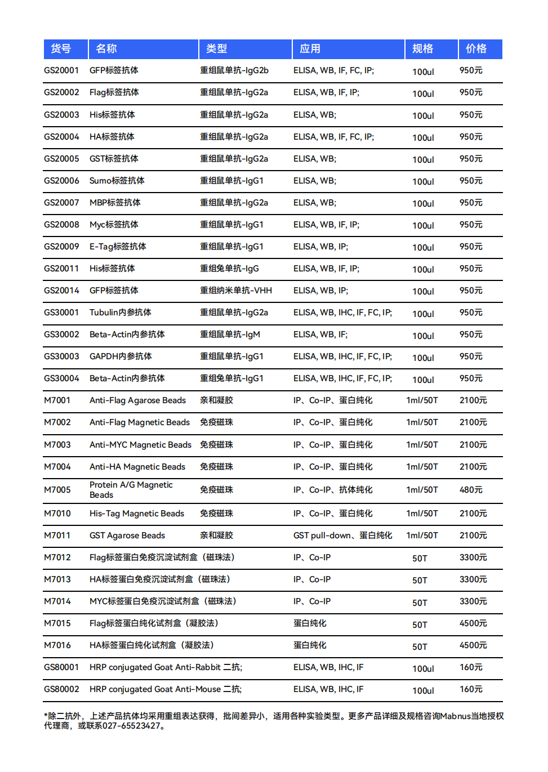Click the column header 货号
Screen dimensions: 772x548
61,49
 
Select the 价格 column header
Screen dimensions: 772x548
476,49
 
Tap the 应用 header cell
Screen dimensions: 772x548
310,49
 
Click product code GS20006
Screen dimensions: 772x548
61,181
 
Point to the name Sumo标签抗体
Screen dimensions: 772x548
117,181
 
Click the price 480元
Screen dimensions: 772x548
470,490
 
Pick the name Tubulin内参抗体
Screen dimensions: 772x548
120,313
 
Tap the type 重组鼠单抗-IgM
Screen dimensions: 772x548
230,334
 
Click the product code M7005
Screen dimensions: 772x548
57,490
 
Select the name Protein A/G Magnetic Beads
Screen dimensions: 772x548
131,490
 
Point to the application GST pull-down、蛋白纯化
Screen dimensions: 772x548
342,536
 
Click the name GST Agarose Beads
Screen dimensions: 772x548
127,536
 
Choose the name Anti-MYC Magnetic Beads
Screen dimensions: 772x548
140,445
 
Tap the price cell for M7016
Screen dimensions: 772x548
473,645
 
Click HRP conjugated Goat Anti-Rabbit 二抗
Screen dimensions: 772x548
165,667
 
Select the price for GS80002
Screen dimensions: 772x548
470,689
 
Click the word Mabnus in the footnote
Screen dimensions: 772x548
455,716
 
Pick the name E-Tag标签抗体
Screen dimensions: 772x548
118,247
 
